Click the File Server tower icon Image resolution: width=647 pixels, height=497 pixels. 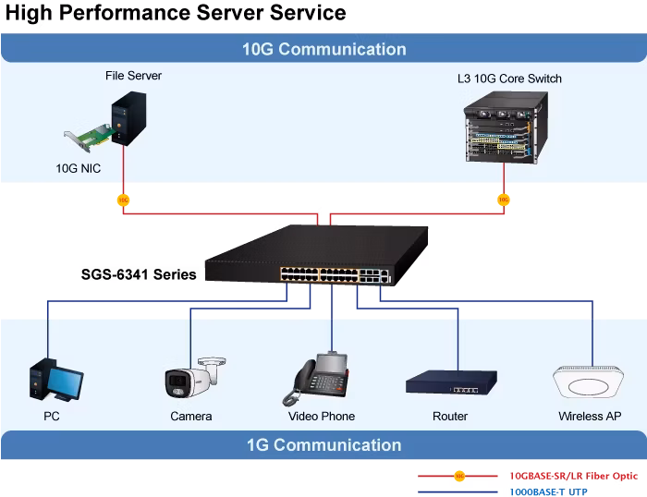128,118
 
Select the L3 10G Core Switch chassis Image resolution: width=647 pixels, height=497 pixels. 507,127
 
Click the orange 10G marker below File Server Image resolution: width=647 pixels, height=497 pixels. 123,200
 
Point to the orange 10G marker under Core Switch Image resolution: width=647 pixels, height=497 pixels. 504,200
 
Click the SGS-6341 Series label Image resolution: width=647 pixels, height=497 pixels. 139,274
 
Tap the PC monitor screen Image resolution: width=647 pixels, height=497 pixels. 66,382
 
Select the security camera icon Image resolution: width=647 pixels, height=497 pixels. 195,378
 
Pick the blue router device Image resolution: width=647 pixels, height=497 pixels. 451,382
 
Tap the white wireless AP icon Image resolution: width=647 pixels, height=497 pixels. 588,382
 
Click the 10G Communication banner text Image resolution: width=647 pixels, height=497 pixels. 323,49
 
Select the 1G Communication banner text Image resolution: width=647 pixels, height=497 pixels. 323,445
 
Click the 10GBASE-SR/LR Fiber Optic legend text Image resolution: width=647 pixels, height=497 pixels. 574,476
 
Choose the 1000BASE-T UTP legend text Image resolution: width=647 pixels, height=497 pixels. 548,491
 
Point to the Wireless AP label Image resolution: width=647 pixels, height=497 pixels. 590,416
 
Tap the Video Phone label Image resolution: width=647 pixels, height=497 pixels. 322,416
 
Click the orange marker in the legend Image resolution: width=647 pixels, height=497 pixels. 459,476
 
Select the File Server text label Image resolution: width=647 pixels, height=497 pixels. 133,76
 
